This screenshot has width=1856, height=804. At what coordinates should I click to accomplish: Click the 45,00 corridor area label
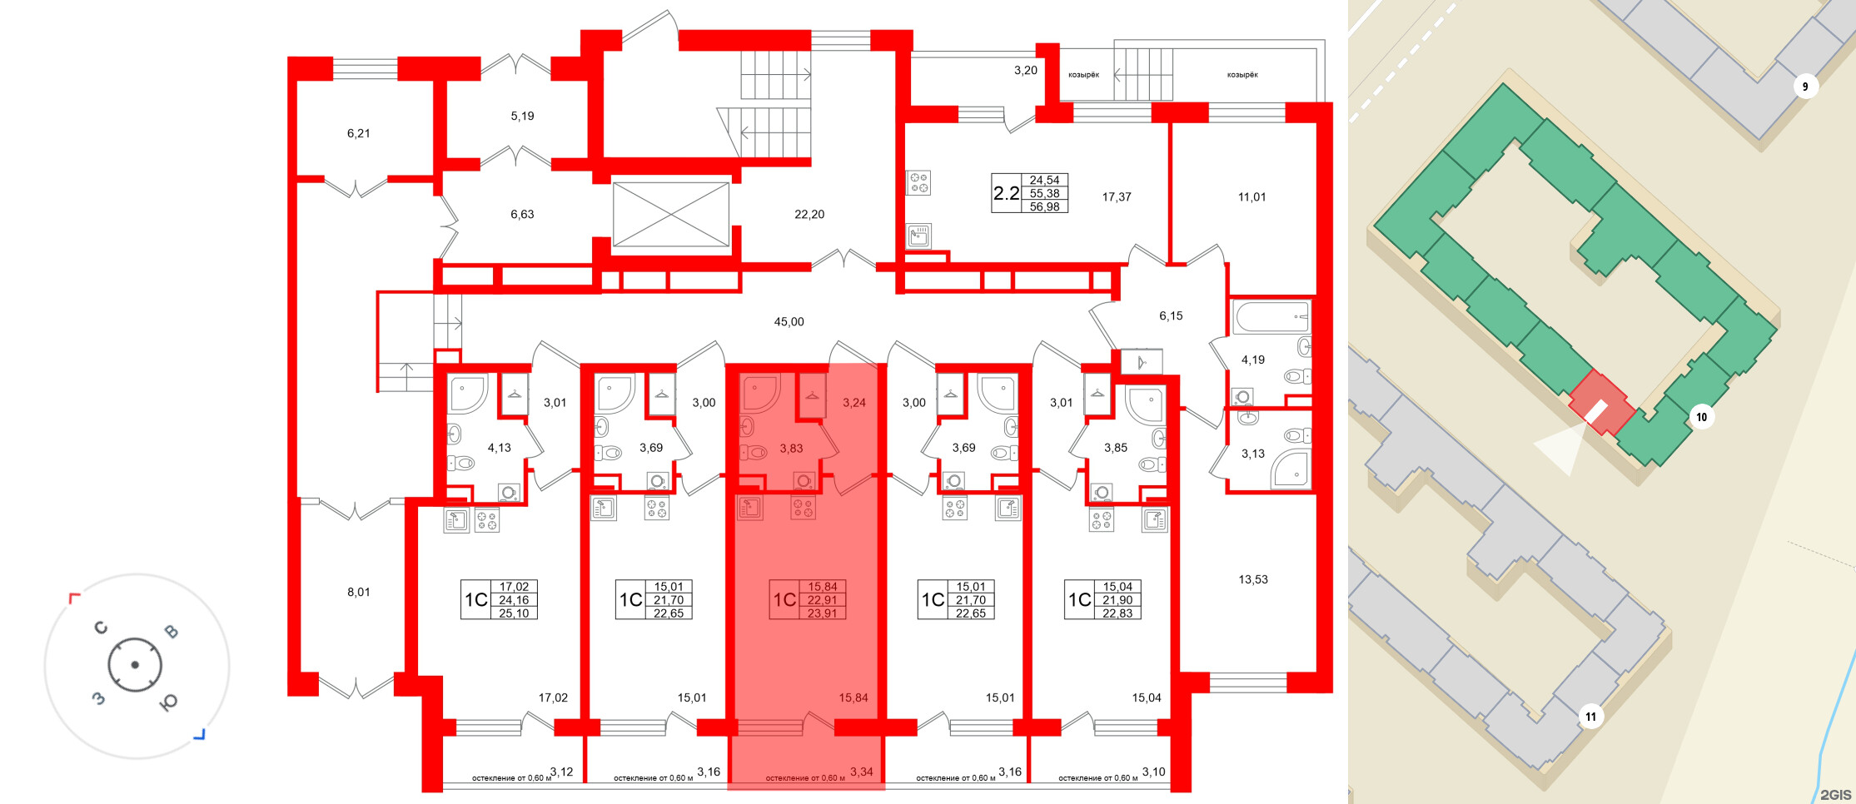[789, 322]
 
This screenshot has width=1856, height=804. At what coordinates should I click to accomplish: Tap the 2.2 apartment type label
[1006, 194]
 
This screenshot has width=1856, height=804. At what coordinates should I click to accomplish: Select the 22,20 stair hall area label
[809, 215]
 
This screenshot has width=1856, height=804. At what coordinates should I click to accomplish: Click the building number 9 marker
[1804, 87]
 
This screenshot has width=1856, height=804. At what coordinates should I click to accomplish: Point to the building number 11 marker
[1590, 717]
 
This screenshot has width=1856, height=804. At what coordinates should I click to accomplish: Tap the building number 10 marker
[1701, 417]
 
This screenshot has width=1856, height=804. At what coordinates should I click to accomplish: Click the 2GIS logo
[1835, 794]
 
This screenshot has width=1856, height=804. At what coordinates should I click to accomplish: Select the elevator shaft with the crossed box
[671, 215]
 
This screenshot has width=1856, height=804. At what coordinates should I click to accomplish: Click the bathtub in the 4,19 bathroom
[1271, 317]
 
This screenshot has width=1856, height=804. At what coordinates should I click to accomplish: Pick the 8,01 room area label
[358, 593]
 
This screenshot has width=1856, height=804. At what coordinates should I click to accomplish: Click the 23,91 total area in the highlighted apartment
[822, 613]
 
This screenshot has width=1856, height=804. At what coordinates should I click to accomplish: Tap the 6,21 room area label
[358, 133]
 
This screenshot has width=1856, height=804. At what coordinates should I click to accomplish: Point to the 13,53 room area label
[1252, 579]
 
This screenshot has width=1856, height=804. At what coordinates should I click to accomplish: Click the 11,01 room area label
[1251, 197]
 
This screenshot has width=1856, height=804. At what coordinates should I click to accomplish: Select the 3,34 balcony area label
[861, 772]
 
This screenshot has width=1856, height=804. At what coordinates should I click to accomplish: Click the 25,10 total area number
[514, 613]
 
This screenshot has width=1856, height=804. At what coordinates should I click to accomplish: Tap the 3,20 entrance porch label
[1025, 71]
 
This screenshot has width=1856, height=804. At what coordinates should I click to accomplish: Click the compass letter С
[101, 628]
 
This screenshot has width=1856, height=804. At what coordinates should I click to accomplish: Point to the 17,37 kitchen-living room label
[1116, 197]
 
